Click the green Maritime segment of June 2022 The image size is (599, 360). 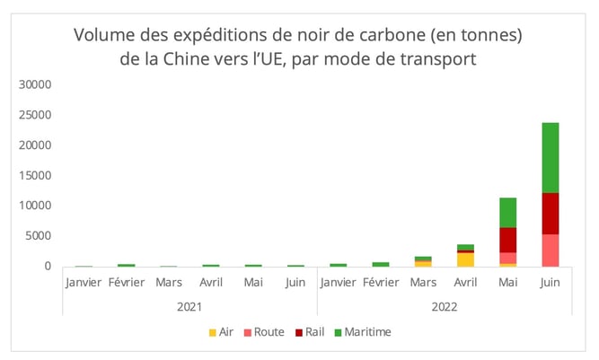[550, 157]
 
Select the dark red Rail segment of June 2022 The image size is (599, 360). [550, 214]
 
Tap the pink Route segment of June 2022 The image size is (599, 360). [550, 250]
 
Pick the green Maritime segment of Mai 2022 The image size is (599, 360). [507, 213]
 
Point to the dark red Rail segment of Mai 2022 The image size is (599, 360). [507, 240]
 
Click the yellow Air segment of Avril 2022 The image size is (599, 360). [465, 259]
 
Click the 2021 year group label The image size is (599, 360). [189, 306]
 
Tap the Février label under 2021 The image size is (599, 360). [126, 283]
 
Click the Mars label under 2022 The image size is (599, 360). [423, 283]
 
